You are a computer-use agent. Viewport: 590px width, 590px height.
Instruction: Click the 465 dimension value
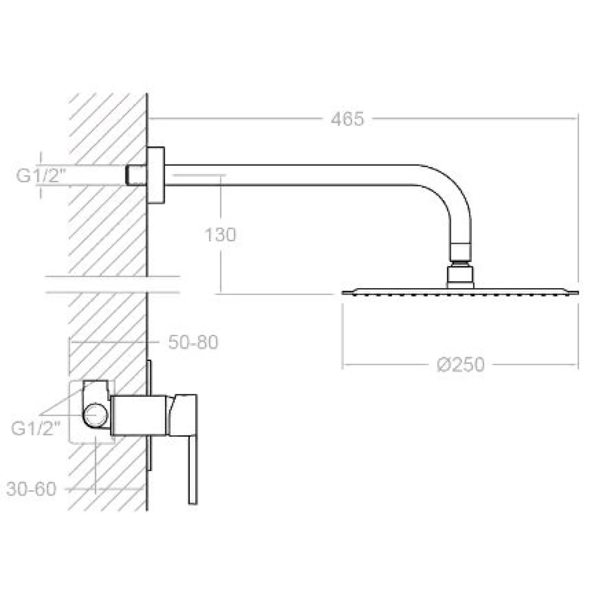[x=347, y=119]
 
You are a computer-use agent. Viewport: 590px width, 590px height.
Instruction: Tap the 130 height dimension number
[x=220, y=235]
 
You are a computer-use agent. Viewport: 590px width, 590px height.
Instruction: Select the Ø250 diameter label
[x=461, y=365]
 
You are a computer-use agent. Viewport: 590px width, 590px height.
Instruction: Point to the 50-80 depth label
[x=193, y=342]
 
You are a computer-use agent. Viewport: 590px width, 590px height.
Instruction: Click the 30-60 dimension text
[x=31, y=489]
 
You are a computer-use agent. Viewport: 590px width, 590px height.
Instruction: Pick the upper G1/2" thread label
[x=41, y=176]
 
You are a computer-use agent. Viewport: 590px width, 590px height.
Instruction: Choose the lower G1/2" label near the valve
[x=36, y=428]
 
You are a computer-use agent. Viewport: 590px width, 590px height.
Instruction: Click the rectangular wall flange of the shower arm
[x=155, y=175]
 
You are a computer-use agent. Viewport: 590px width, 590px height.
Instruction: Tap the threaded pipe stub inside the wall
[x=136, y=175]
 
